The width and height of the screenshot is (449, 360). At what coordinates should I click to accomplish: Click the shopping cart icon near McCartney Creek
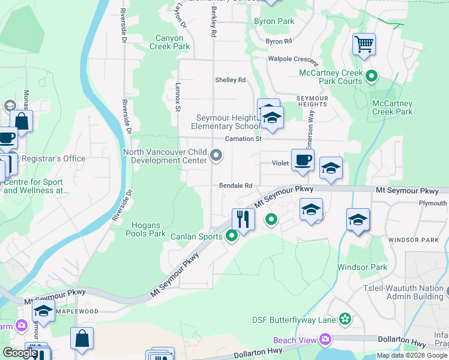point(364,44)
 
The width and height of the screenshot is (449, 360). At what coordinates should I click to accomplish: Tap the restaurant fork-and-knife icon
point(243,218)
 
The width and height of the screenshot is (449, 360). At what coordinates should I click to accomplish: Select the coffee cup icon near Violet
point(303,160)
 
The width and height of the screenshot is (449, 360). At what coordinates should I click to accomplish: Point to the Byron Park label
point(274,21)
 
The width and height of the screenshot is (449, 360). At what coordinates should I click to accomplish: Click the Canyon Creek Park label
point(169,42)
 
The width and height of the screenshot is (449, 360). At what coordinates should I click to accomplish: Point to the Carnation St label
point(243,139)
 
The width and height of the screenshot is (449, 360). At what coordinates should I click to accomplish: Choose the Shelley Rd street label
point(231,80)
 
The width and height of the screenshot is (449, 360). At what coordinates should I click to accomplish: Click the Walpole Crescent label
point(293,59)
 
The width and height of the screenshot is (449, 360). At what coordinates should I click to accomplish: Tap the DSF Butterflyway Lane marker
point(345,319)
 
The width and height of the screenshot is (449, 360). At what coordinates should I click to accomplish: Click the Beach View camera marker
point(325,340)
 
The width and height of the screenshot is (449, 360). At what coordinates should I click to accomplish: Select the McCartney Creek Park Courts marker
point(372,76)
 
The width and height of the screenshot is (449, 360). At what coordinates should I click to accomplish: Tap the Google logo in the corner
point(20,353)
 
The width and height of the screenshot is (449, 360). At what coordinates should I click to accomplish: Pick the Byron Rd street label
point(279,41)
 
